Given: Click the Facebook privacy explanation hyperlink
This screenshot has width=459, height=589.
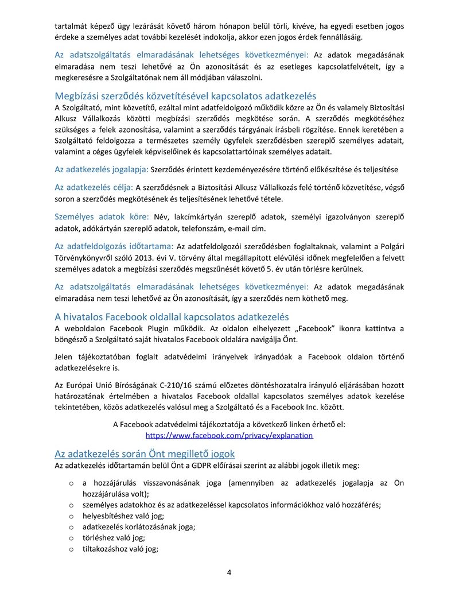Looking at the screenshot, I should [x=229, y=435].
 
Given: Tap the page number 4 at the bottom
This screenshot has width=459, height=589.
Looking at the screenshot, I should [x=229, y=572].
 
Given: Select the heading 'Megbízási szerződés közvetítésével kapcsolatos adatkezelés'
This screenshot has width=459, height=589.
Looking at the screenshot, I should [x=185, y=96].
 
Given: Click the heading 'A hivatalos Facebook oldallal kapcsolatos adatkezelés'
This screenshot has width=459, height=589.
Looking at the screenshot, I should [x=172, y=316].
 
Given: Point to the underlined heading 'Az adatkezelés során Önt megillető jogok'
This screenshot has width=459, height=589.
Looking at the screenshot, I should [x=141, y=454].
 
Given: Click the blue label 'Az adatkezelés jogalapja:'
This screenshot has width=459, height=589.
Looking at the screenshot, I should [x=102, y=169].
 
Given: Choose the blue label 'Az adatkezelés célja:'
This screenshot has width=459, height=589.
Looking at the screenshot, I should [x=94, y=187].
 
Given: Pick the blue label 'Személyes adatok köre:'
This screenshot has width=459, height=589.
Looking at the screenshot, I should [x=102, y=216].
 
